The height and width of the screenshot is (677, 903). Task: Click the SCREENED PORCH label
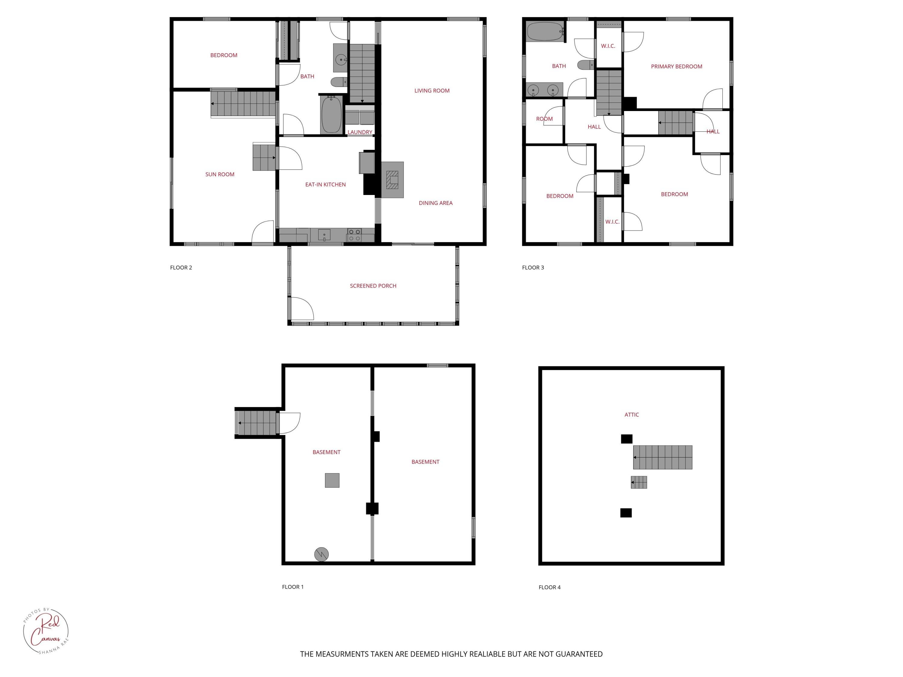(x=373, y=286)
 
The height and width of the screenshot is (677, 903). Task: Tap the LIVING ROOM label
(x=432, y=91)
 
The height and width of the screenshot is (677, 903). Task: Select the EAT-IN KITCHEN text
(x=325, y=184)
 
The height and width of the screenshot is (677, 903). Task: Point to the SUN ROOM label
(x=220, y=174)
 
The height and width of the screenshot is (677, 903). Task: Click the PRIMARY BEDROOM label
(x=676, y=66)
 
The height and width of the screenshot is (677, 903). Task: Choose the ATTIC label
(x=631, y=415)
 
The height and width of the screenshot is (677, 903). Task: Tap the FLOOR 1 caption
(x=293, y=587)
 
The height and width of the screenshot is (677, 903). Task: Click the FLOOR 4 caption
(x=549, y=587)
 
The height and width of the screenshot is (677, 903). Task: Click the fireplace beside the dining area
(x=392, y=180)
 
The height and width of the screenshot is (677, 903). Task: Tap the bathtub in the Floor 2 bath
(x=331, y=114)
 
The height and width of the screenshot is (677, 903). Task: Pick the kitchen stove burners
(x=354, y=235)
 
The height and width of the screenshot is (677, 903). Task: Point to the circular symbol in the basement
(x=321, y=554)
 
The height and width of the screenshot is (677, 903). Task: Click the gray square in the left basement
(x=332, y=480)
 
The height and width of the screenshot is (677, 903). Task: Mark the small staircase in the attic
(x=639, y=482)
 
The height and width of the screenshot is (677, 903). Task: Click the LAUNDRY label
(x=360, y=132)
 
